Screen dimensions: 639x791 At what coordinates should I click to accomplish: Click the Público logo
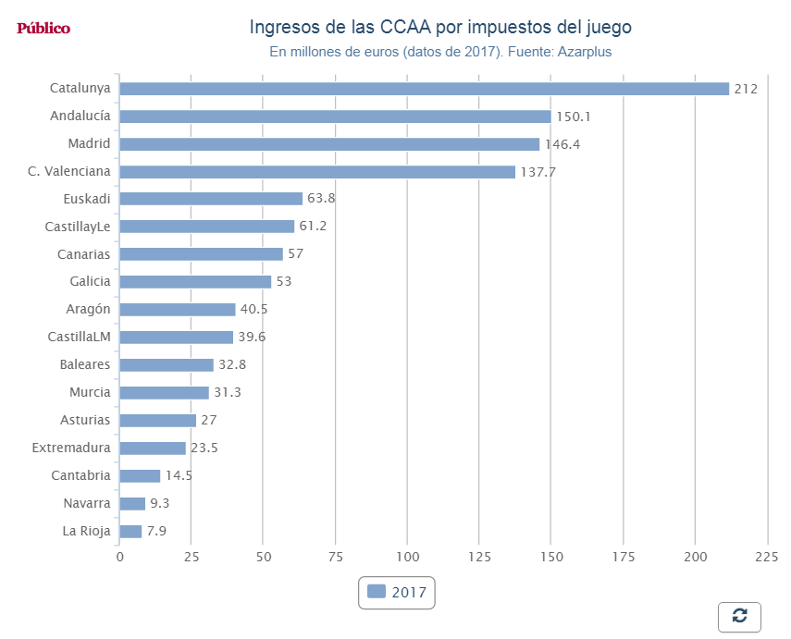(43, 28)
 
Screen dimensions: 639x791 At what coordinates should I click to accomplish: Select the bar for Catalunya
(424, 89)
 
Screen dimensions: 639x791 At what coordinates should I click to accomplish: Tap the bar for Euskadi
(211, 199)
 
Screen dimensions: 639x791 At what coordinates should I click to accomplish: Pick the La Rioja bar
(130, 531)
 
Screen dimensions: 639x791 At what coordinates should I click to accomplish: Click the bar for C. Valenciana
(317, 171)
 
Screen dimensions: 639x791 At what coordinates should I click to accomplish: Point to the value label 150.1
(574, 117)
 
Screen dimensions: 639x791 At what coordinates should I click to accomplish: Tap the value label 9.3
(159, 503)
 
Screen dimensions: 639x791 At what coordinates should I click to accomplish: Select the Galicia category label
(90, 281)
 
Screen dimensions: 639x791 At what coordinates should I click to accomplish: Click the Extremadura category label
(71, 448)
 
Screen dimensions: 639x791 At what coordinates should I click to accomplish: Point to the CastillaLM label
(79, 337)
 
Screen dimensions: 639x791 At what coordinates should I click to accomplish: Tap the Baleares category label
(84, 364)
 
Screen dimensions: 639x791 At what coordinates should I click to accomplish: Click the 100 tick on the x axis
(407, 557)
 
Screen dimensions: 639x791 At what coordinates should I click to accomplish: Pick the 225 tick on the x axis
(767, 557)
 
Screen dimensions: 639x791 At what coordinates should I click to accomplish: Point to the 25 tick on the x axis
(192, 557)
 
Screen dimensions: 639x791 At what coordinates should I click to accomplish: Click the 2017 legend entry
(397, 592)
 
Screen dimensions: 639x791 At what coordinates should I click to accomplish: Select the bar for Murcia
(164, 392)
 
